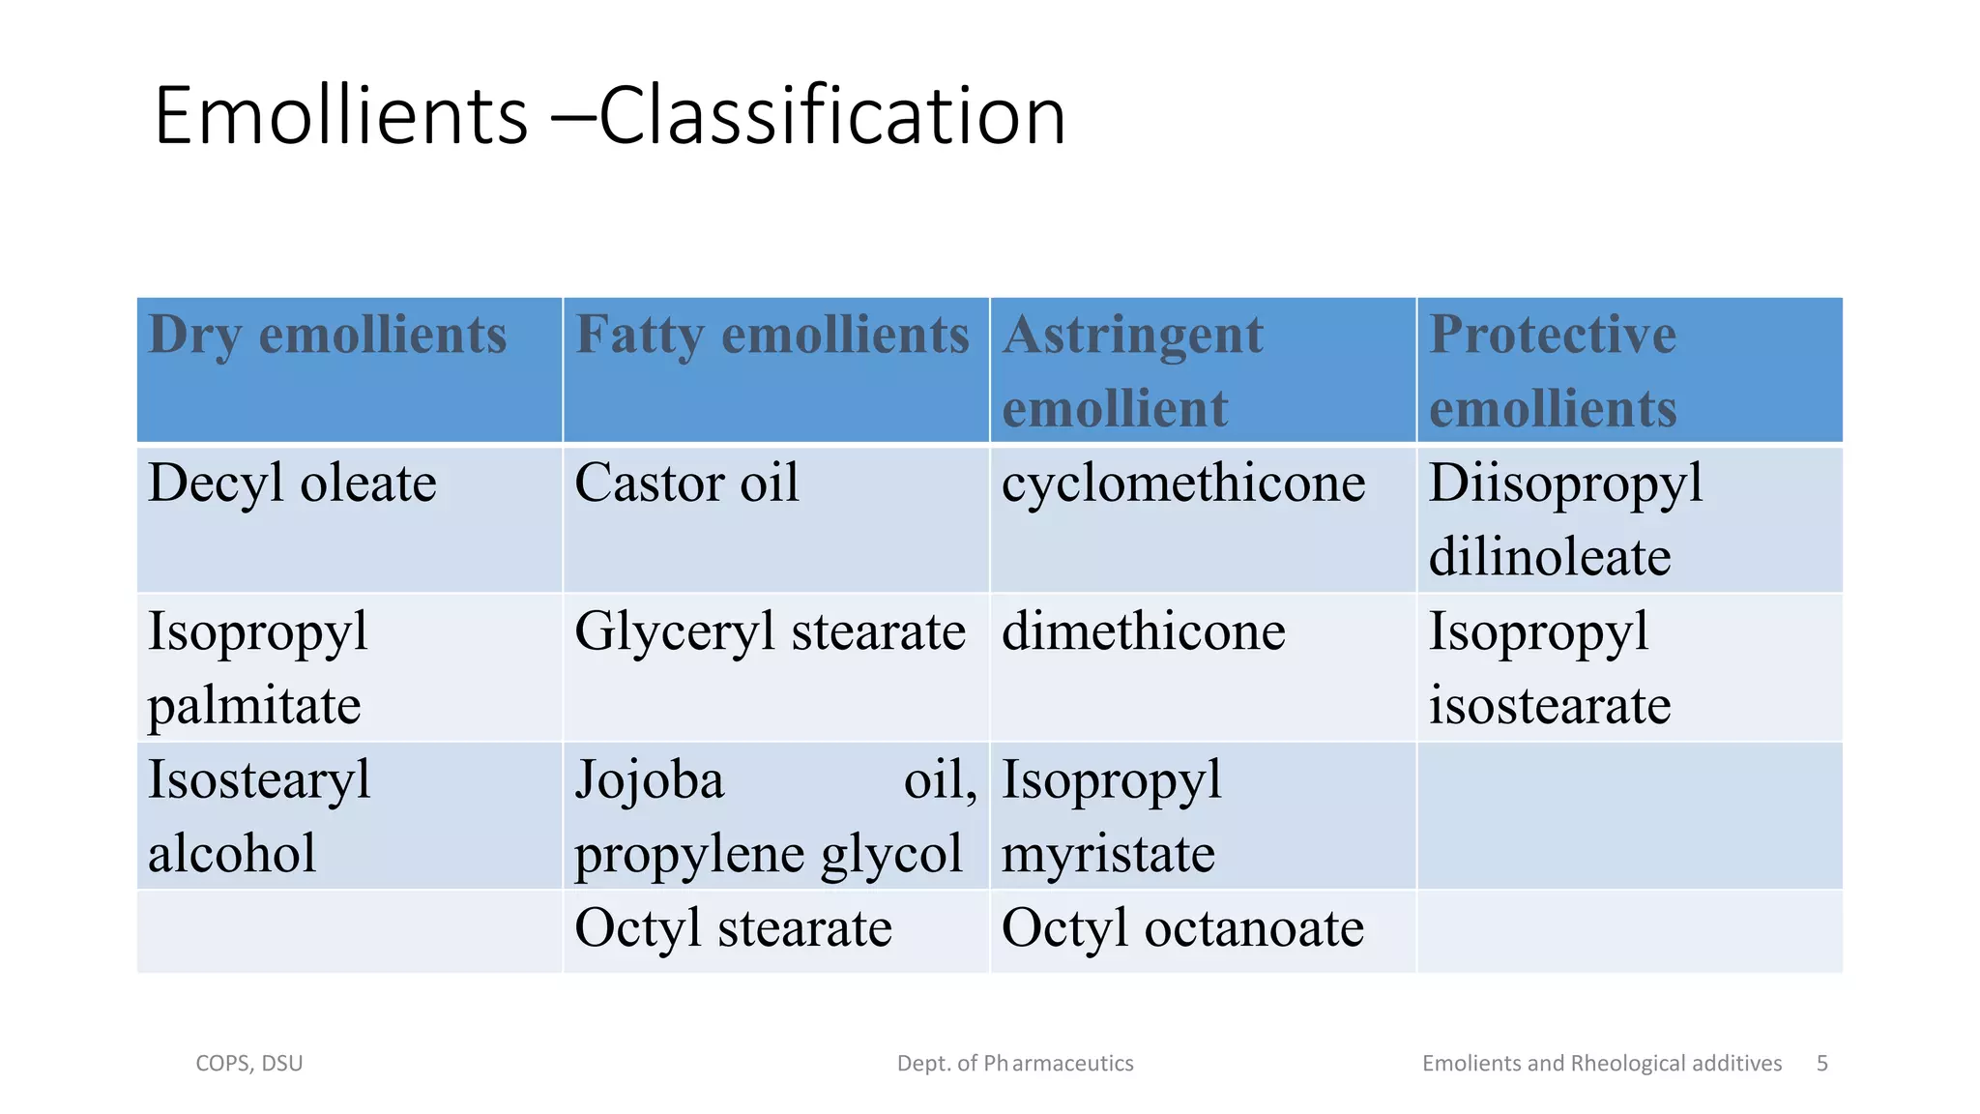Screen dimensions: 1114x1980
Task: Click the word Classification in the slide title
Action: click(831, 116)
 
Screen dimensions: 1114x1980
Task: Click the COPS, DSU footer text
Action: click(249, 1064)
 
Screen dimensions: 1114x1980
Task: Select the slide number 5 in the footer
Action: click(1822, 1064)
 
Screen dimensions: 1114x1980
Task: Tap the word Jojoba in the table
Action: click(649, 780)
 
